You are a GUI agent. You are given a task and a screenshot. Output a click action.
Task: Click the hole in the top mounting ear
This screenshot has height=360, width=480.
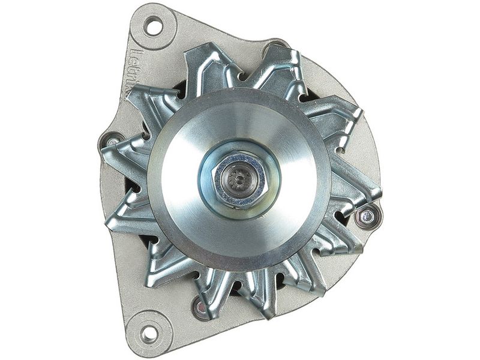153,26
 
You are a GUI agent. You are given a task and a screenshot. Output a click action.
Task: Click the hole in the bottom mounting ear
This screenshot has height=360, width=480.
149,334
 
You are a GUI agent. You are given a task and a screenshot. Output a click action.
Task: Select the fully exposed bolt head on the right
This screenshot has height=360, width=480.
367,217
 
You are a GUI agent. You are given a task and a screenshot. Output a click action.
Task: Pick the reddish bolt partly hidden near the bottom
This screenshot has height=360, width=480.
201,307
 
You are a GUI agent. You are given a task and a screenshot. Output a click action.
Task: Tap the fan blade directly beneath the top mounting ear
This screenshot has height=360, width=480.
204,66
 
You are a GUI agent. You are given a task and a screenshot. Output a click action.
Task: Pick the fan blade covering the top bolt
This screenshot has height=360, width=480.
282,66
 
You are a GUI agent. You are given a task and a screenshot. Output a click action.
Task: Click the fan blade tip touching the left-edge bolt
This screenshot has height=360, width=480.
120,153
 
